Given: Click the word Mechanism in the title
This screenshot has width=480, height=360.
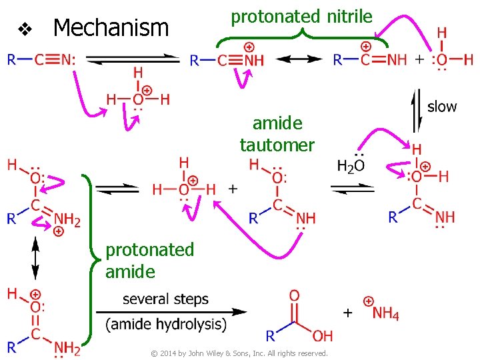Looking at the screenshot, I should pos(111,28).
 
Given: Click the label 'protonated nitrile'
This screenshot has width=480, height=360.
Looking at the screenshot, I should pos(301,16).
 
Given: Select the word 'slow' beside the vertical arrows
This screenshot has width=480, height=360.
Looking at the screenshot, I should pos(442,106).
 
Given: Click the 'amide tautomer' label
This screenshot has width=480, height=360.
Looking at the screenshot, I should pos(277,133).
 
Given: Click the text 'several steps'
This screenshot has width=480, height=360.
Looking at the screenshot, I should pos(165,299).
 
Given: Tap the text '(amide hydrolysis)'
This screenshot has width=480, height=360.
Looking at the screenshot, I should pos(166,325).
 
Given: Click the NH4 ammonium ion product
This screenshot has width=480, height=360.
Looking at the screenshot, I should pos(385,312).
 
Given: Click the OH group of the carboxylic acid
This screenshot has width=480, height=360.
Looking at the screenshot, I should pos(322,335).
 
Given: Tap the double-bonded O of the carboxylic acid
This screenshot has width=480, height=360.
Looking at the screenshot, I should pos(294,295).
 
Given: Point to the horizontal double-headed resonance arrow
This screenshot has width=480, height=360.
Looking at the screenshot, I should pos(295,59).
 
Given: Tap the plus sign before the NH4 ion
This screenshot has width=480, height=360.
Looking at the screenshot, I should pos(348,312).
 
